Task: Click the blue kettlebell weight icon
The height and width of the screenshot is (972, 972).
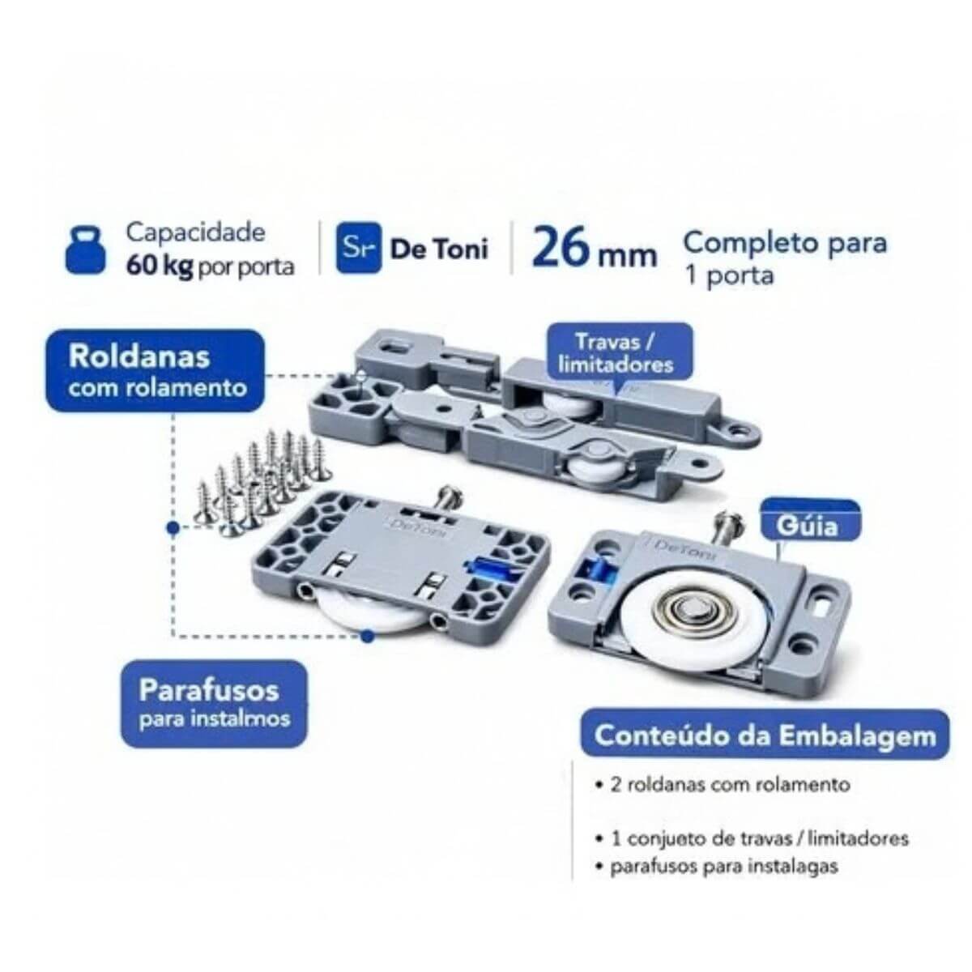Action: click(x=86, y=250)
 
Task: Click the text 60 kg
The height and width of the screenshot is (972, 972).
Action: click(x=160, y=266)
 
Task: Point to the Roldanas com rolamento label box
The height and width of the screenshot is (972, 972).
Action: click(x=156, y=371)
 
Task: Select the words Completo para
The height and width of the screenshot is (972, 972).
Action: click(x=785, y=243)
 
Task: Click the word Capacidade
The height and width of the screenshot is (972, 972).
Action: click(x=196, y=232)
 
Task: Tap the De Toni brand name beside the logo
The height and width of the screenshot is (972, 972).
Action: click(x=439, y=249)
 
